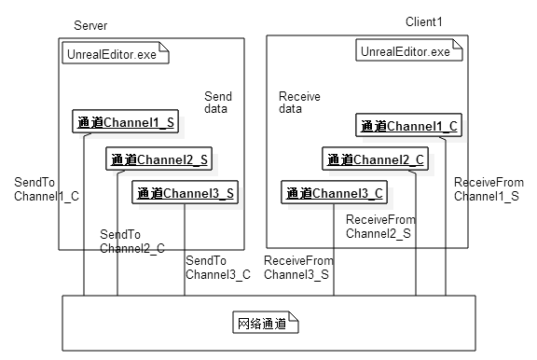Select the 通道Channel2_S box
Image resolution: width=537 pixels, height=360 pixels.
[x=158, y=159]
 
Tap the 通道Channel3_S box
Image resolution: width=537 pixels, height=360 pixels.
[x=185, y=193]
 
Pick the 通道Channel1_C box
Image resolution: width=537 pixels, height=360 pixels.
[x=408, y=126]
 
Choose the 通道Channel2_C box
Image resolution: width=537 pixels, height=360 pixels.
[x=376, y=159]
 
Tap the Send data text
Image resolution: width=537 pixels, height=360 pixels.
[x=218, y=103]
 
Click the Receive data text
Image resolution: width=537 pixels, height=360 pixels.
[x=299, y=103]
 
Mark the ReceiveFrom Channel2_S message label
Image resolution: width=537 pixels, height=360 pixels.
[x=380, y=227]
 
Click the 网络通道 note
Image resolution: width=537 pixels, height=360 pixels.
[x=264, y=324]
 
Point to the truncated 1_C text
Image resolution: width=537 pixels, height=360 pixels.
[x=69, y=196]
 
